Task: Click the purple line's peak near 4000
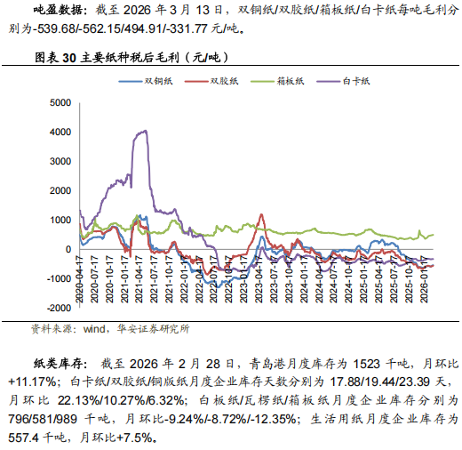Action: pos(143,132)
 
